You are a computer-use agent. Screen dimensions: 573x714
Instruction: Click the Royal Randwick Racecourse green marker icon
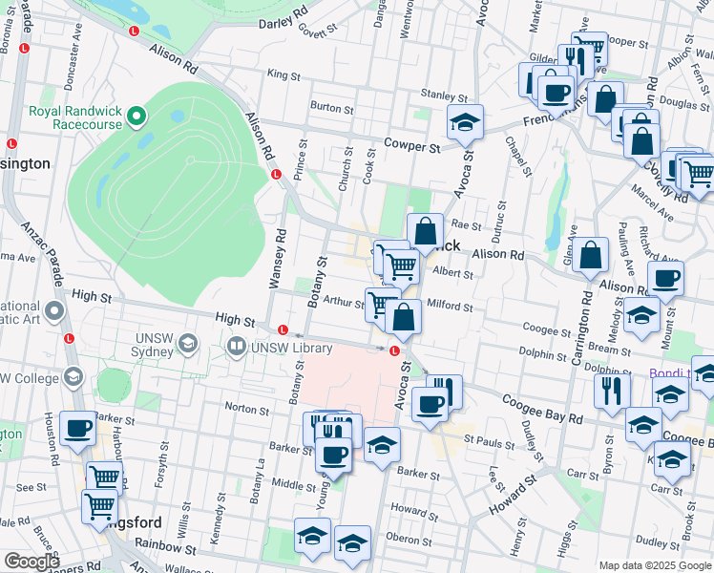[x=136, y=117]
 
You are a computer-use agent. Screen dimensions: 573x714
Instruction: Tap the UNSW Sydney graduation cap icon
[x=189, y=343]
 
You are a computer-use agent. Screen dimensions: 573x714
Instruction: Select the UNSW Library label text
[x=291, y=347]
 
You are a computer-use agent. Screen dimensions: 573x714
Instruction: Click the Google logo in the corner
[x=31, y=562]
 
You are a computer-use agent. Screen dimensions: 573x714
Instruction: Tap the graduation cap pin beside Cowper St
[x=465, y=123]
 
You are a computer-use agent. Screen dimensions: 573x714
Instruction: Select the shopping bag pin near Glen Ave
[x=592, y=256]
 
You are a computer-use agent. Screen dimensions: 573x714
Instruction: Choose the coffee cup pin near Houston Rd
[x=77, y=429]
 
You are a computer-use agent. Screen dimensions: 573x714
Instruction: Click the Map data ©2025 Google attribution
[x=654, y=564]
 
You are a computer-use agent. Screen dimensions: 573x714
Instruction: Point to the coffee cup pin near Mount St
[x=665, y=280]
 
